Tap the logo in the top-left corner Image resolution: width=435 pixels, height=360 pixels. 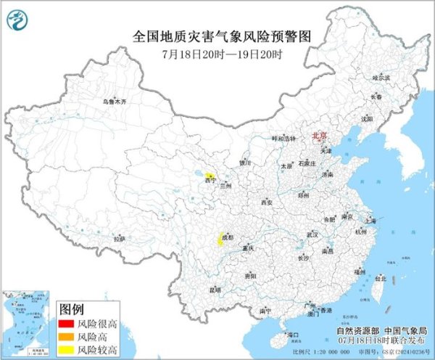(x=16, y=16)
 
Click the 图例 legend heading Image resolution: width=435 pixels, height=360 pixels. (x=72, y=308)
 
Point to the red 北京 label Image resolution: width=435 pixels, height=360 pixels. (x=318, y=136)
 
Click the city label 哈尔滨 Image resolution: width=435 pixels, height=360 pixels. (x=381, y=77)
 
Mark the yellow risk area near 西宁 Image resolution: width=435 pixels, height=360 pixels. (x=209, y=176)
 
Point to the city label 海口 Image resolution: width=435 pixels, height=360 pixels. (x=293, y=335)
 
